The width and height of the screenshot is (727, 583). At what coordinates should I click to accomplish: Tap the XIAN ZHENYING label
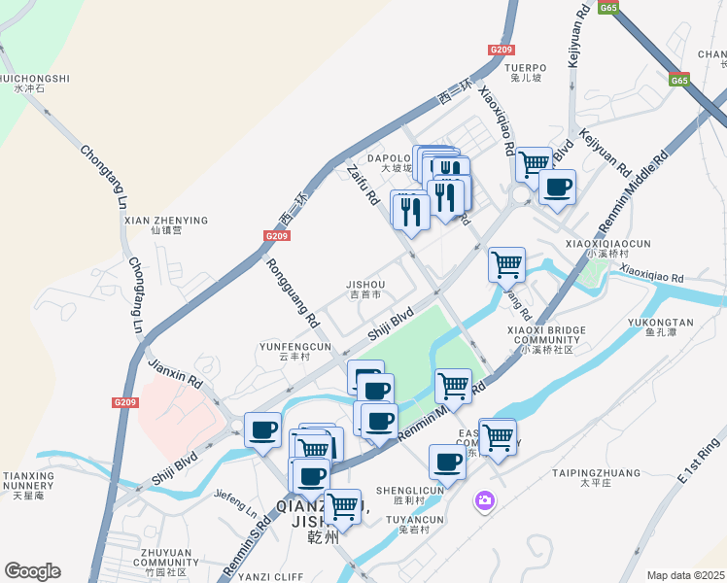[x=166, y=221]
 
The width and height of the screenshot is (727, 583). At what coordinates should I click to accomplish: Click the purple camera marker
[x=484, y=501]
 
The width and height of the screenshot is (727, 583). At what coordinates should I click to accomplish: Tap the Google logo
[x=32, y=571]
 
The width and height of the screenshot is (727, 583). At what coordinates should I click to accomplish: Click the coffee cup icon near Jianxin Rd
[x=262, y=429]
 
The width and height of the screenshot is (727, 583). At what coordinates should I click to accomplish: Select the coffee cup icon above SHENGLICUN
[x=447, y=462]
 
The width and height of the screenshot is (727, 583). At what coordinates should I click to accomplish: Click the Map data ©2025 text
[x=685, y=575]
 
